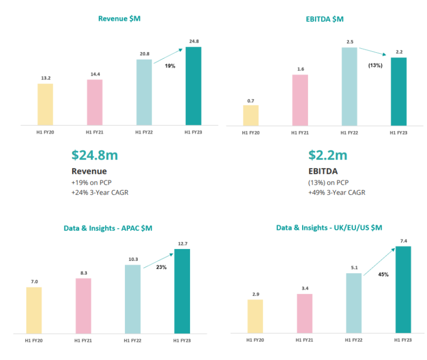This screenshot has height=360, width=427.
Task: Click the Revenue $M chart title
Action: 119,19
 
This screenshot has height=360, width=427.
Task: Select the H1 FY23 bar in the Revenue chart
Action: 193,86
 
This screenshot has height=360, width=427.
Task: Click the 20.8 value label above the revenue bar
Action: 144,54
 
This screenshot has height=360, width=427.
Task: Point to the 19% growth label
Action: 170,66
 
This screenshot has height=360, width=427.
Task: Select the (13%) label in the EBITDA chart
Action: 376,66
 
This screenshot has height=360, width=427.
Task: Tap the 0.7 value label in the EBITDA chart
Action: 251,100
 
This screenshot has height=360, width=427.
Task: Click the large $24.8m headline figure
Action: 94,155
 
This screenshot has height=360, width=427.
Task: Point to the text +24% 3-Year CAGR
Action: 100,192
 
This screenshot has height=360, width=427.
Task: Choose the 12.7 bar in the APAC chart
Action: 182,291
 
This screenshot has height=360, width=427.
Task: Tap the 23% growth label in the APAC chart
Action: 161,267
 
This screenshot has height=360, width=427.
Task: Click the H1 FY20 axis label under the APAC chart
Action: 34,340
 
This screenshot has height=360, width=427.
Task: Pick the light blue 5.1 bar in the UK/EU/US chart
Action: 354,303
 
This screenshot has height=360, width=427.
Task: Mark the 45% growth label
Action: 383,275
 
